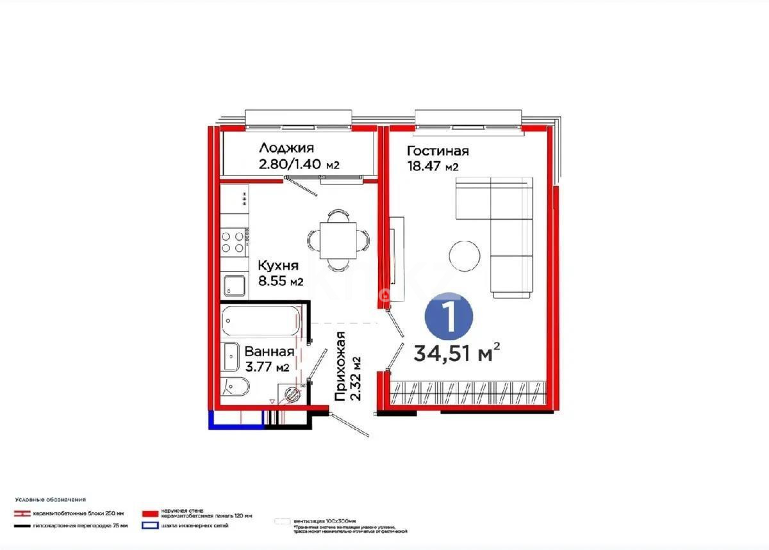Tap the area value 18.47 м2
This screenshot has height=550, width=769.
click(x=433, y=166)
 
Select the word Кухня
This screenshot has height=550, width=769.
click(x=277, y=265)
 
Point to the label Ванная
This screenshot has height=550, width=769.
click(x=269, y=352)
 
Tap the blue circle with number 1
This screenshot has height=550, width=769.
click(x=449, y=315)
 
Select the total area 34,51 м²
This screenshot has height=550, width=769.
click(x=456, y=353)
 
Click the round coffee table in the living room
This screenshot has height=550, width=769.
click(x=465, y=255)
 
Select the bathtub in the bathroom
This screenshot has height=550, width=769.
click(x=261, y=321)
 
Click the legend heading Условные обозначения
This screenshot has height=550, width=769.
click(x=51, y=499)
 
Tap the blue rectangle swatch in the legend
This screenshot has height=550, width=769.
click(x=150, y=526)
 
